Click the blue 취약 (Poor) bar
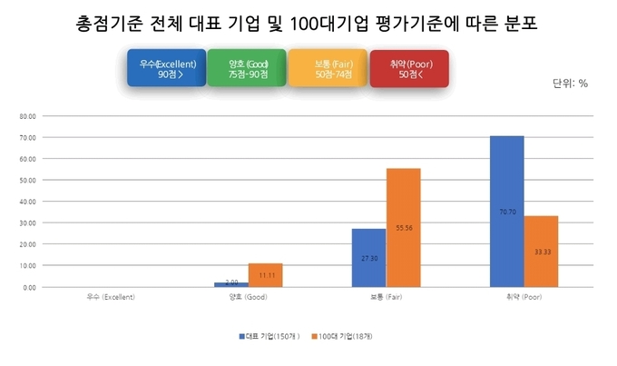[x=506, y=211]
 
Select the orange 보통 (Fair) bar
[x=403, y=227]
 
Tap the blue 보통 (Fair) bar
[x=368, y=257]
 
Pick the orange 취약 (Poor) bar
[x=541, y=251]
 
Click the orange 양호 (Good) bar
[x=266, y=274]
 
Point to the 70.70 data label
[x=506, y=212]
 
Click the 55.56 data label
[x=403, y=228]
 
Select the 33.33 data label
[x=541, y=251]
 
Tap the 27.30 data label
[x=368, y=258]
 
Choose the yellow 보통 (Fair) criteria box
[x=328, y=68]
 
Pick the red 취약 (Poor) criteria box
[x=409, y=68]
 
